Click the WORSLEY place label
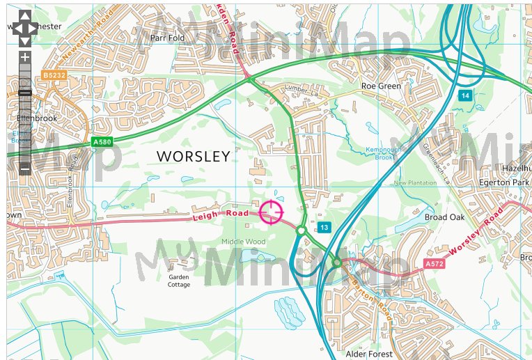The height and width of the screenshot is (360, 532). coord(193,156)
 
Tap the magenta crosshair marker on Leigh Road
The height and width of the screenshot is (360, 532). coord(272,211)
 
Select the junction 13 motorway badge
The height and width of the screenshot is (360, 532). coord(324,228)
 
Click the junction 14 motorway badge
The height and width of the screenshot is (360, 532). coord(464,95)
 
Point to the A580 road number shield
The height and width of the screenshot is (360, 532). coord(102,142)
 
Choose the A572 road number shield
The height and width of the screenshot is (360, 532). coord(433,264)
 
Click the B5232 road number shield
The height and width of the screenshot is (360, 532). coord(53,75)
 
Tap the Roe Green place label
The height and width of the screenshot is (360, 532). coord(381,86)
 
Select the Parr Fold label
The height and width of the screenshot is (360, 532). coord(167,38)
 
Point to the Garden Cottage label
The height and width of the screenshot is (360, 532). coord(179,281)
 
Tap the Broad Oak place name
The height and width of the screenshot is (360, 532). coord(444,217)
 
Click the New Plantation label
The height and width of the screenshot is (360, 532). coord(415,183)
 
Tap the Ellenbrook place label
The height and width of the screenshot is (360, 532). coord(36,118)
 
